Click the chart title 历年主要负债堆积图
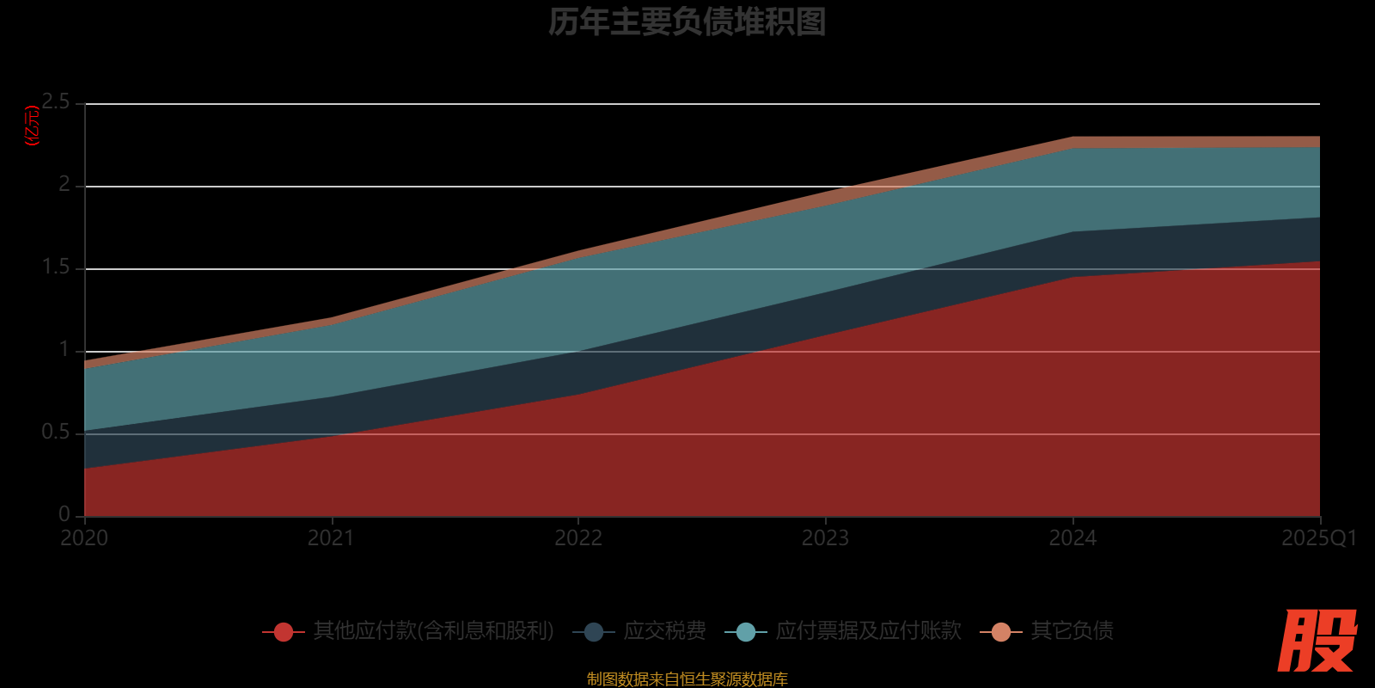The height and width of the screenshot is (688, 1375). (x=687, y=22)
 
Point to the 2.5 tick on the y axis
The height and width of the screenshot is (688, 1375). (x=57, y=102)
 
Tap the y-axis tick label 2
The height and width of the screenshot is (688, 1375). (x=64, y=185)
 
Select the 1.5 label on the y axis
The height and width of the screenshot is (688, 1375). (x=57, y=267)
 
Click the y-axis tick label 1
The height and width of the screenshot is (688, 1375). (x=64, y=350)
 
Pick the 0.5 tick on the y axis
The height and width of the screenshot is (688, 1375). (x=57, y=433)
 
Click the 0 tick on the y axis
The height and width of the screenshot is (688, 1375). (x=64, y=514)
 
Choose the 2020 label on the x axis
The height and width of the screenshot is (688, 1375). (x=84, y=538)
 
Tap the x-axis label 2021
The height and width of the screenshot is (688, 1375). (x=331, y=538)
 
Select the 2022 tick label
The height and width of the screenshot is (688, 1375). (x=578, y=538)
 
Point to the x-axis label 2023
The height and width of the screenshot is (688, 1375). (x=825, y=538)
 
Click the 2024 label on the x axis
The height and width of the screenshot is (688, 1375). (x=1072, y=538)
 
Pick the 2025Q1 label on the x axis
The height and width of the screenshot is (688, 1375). (x=1318, y=538)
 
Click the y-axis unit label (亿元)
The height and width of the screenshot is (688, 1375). (x=33, y=126)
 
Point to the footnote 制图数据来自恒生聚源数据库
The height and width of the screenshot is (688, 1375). (x=687, y=679)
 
